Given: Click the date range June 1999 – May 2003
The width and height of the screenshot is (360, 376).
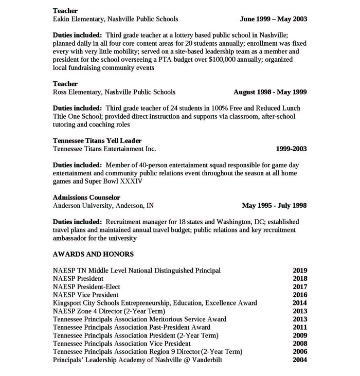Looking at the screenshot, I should point(274,19).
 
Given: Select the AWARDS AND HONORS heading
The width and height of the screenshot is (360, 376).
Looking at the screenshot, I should point(93,254).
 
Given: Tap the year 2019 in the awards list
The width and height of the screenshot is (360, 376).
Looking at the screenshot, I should point(300,271).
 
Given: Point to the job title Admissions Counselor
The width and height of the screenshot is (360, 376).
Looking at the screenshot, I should point(86,198).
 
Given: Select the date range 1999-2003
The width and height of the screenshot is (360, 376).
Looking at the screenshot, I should point(291,149).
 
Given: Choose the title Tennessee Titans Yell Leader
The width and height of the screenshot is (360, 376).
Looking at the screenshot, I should point(97,141).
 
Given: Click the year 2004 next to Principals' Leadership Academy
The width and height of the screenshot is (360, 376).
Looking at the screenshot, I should point(300,360).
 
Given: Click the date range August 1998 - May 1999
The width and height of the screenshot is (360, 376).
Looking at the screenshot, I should point(270,92).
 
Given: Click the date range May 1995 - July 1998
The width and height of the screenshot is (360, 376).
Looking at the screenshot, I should point(274,206).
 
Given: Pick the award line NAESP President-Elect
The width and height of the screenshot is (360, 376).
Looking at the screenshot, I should point(86,287).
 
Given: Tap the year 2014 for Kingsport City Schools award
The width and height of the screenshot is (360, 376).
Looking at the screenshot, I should point(300,303).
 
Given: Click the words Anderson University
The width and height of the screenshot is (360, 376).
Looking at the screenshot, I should point(82,206).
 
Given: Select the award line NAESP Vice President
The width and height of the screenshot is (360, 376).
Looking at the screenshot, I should point(86,295).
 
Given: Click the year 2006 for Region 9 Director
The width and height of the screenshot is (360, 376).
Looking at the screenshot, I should point(300,352).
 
